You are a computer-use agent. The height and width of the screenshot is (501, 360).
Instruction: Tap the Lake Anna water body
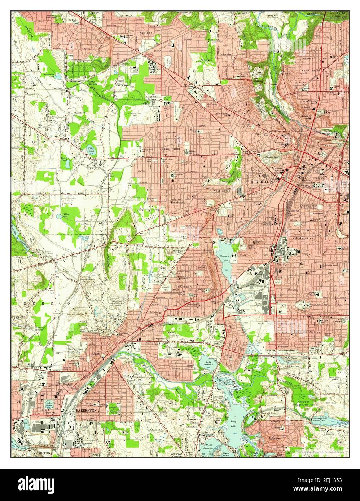click(x=49, y=405)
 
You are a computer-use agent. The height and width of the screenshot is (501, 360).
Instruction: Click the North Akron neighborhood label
click(x=311, y=71)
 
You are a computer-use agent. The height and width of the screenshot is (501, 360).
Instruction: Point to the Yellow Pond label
click(x=66, y=216)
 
